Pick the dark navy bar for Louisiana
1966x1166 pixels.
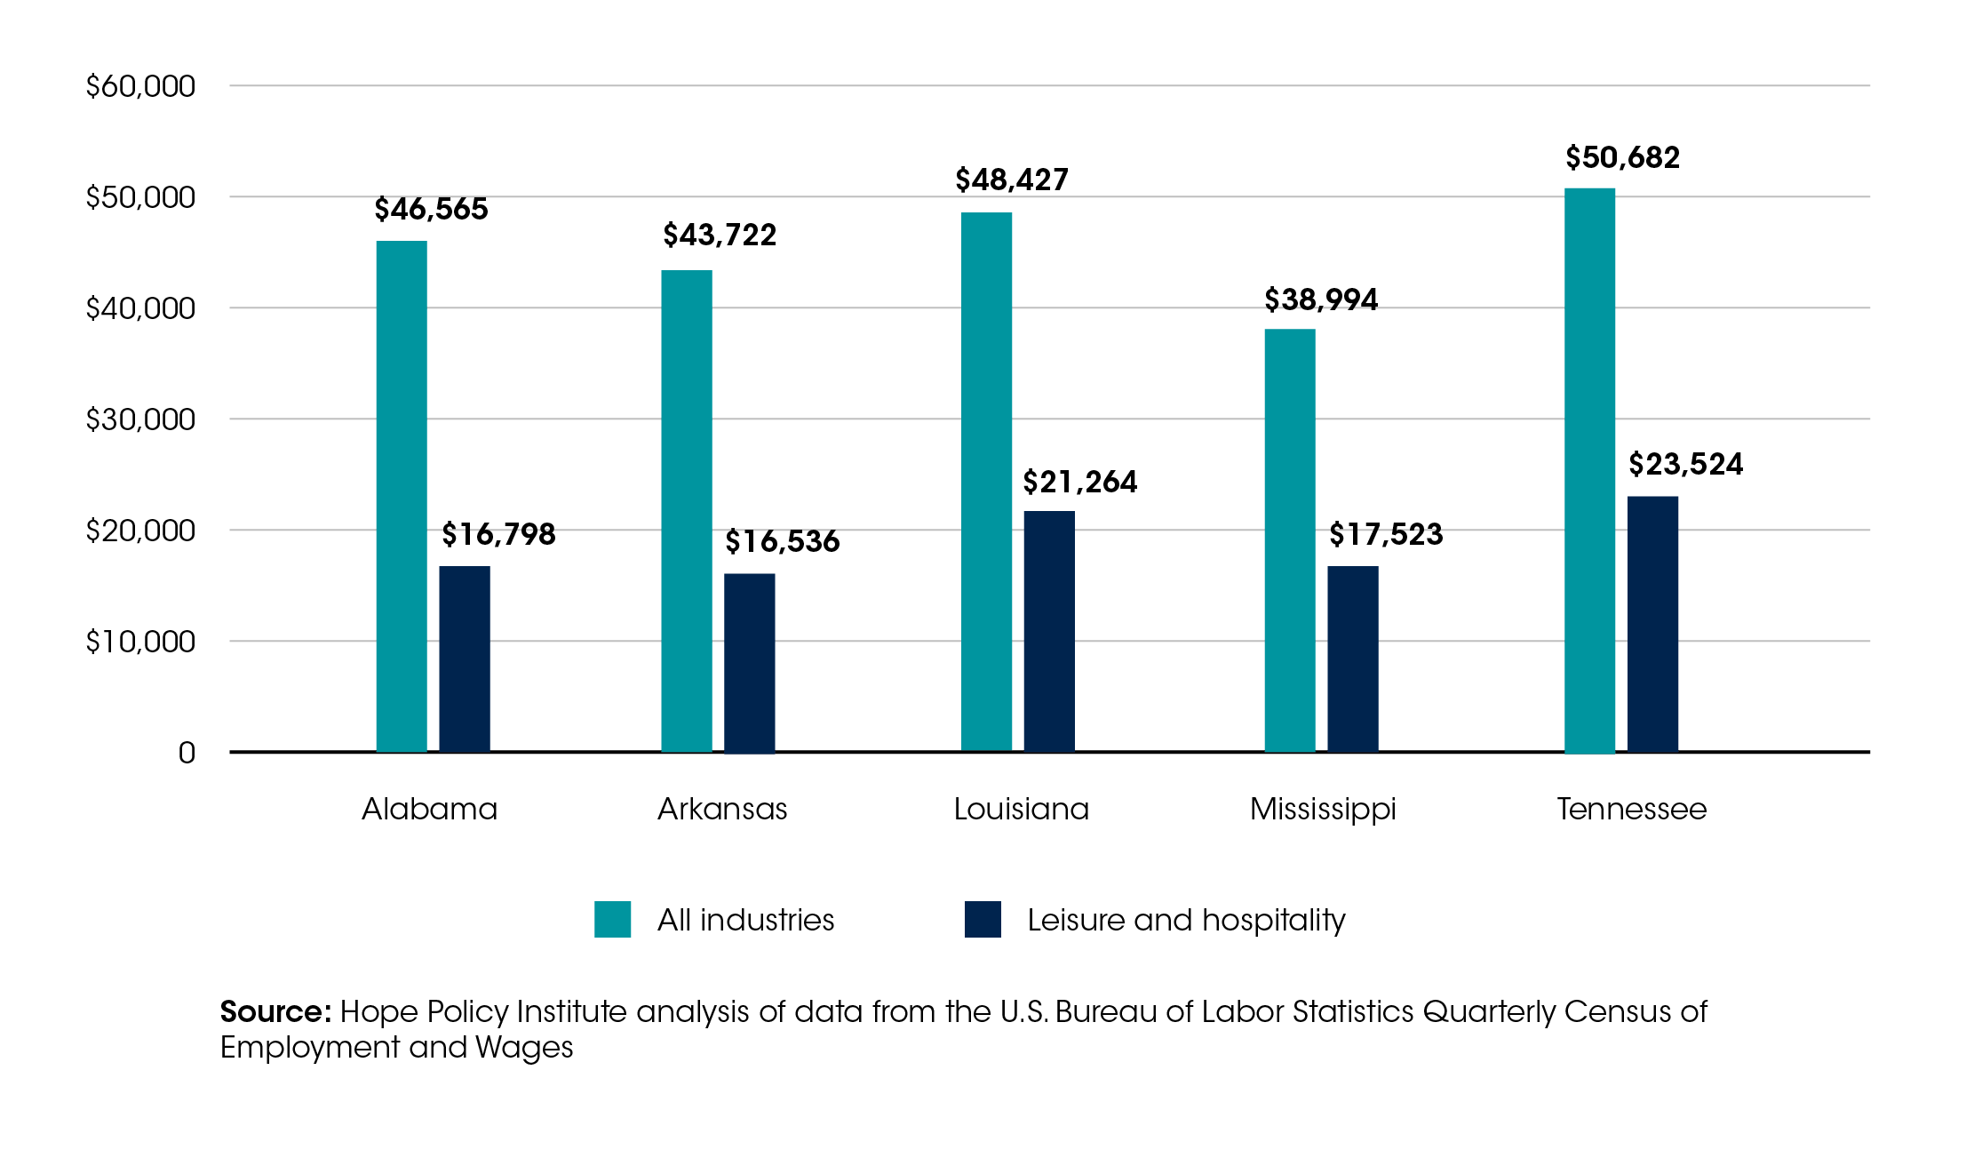pos(1049,631)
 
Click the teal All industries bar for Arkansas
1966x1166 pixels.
pos(687,511)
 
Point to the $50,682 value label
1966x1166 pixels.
pos(1622,157)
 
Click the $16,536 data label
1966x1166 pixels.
pos(782,541)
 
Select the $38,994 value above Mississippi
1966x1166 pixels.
pos(1321,299)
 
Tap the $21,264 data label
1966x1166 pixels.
pos(1079,482)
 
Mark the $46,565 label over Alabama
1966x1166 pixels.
pos(431,209)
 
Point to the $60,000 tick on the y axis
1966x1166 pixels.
pos(140,86)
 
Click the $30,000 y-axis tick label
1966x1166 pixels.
pos(140,419)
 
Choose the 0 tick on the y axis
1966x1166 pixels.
pos(187,753)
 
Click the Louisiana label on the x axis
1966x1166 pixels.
pos(1021,809)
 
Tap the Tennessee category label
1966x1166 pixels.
pos(1631,809)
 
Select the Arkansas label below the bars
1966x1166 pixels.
pos(722,809)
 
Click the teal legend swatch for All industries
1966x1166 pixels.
pos(612,919)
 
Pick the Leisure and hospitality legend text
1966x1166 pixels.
pos(1186,920)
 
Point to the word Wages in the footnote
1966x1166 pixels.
pos(524,1047)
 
